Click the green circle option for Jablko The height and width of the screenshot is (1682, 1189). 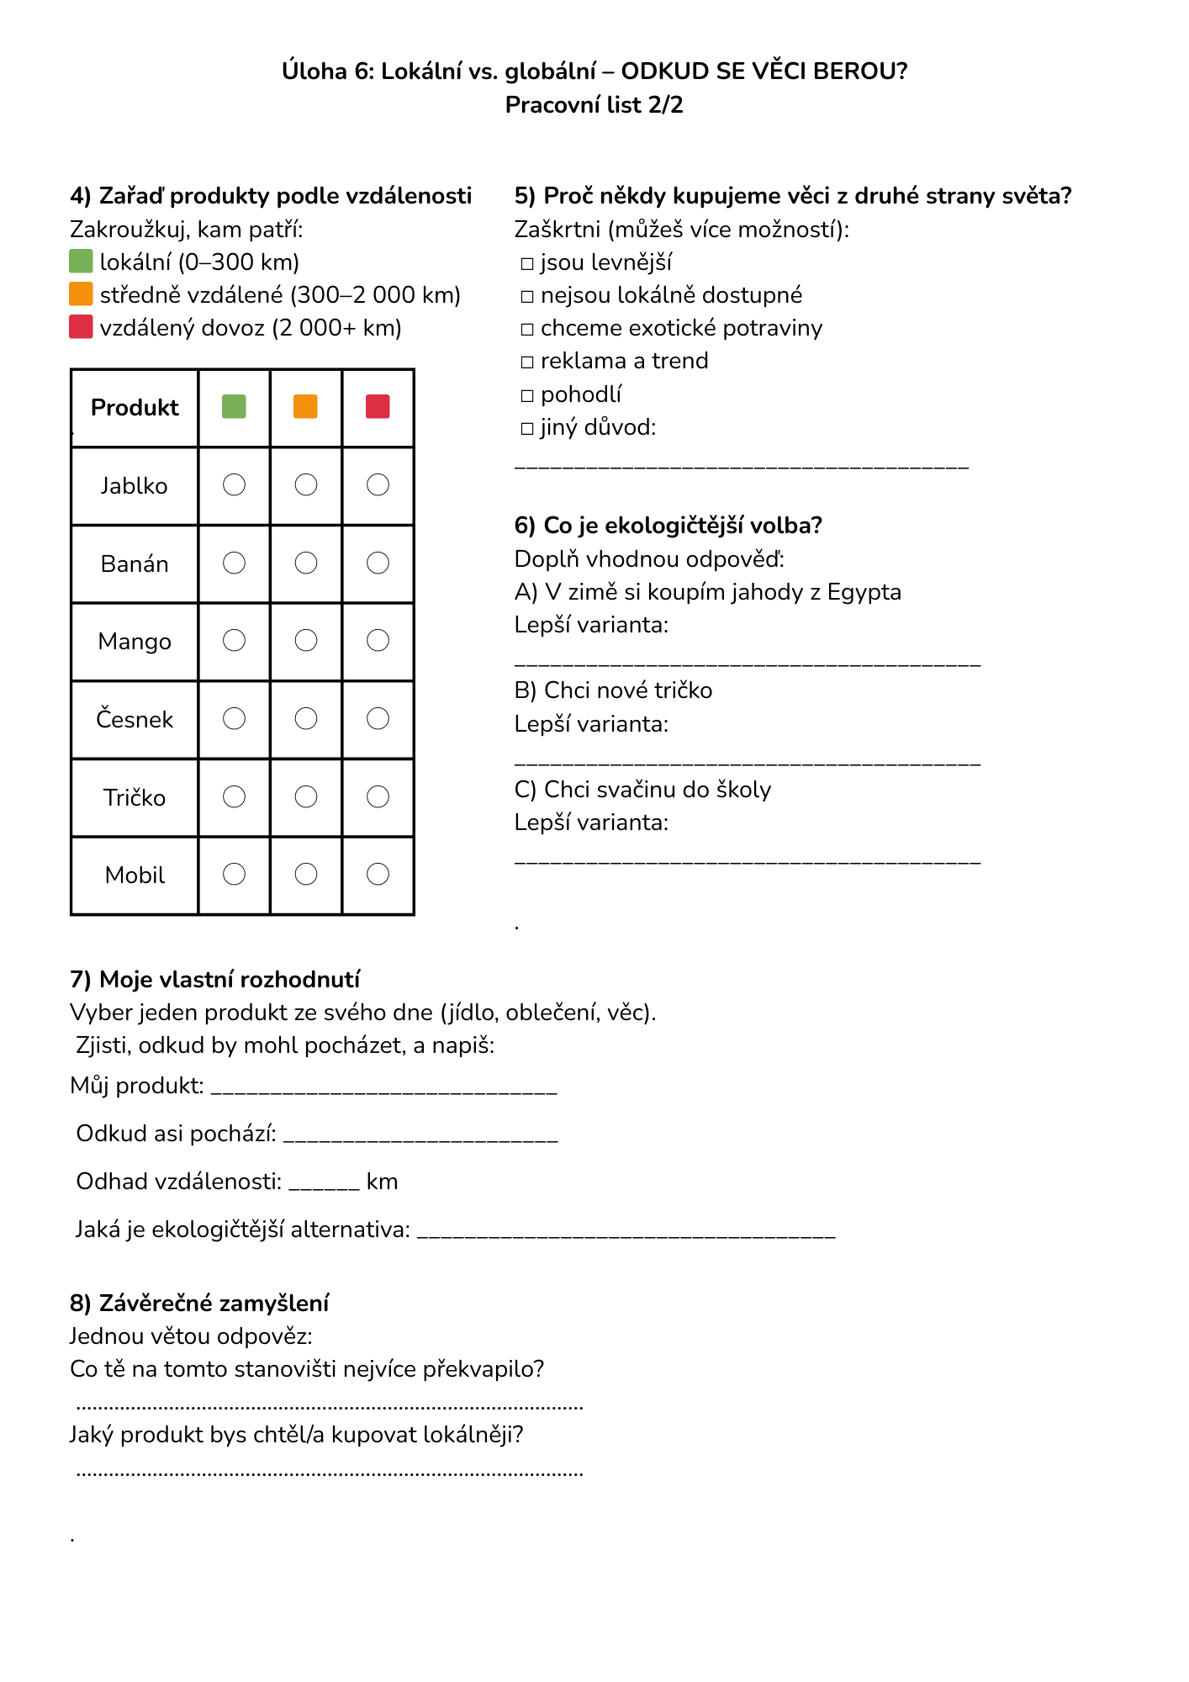(x=234, y=484)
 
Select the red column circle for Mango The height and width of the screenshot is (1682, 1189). (x=378, y=641)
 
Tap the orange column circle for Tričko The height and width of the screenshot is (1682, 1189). (x=306, y=796)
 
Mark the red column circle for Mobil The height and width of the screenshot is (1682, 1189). (x=378, y=875)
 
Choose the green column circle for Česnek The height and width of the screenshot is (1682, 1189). (x=234, y=718)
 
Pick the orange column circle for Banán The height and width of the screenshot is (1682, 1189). (x=306, y=563)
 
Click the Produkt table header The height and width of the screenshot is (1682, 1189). (x=135, y=408)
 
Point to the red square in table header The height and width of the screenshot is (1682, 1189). (x=378, y=407)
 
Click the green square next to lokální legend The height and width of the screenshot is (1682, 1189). (x=81, y=262)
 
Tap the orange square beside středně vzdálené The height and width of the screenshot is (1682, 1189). (x=81, y=294)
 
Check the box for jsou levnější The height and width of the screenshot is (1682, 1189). (x=527, y=264)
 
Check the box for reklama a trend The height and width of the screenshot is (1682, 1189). (x=527, y=362)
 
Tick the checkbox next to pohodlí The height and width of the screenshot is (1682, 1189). (x=527, y=395)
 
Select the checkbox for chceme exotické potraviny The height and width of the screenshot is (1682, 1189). (x=527, y=330)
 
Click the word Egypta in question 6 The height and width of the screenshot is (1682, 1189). (x=864, y=592)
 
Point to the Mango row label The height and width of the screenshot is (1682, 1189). (x=135, y=642)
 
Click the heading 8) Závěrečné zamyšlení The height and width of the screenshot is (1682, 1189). (x=199, y=1303)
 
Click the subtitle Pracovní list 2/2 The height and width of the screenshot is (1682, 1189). (x=594, y=105)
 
